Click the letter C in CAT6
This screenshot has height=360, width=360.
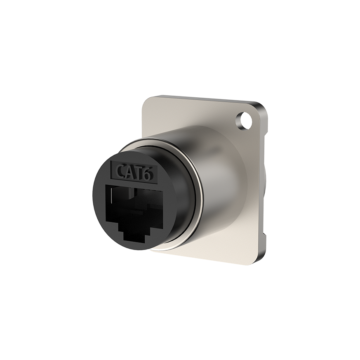[121, 171]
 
